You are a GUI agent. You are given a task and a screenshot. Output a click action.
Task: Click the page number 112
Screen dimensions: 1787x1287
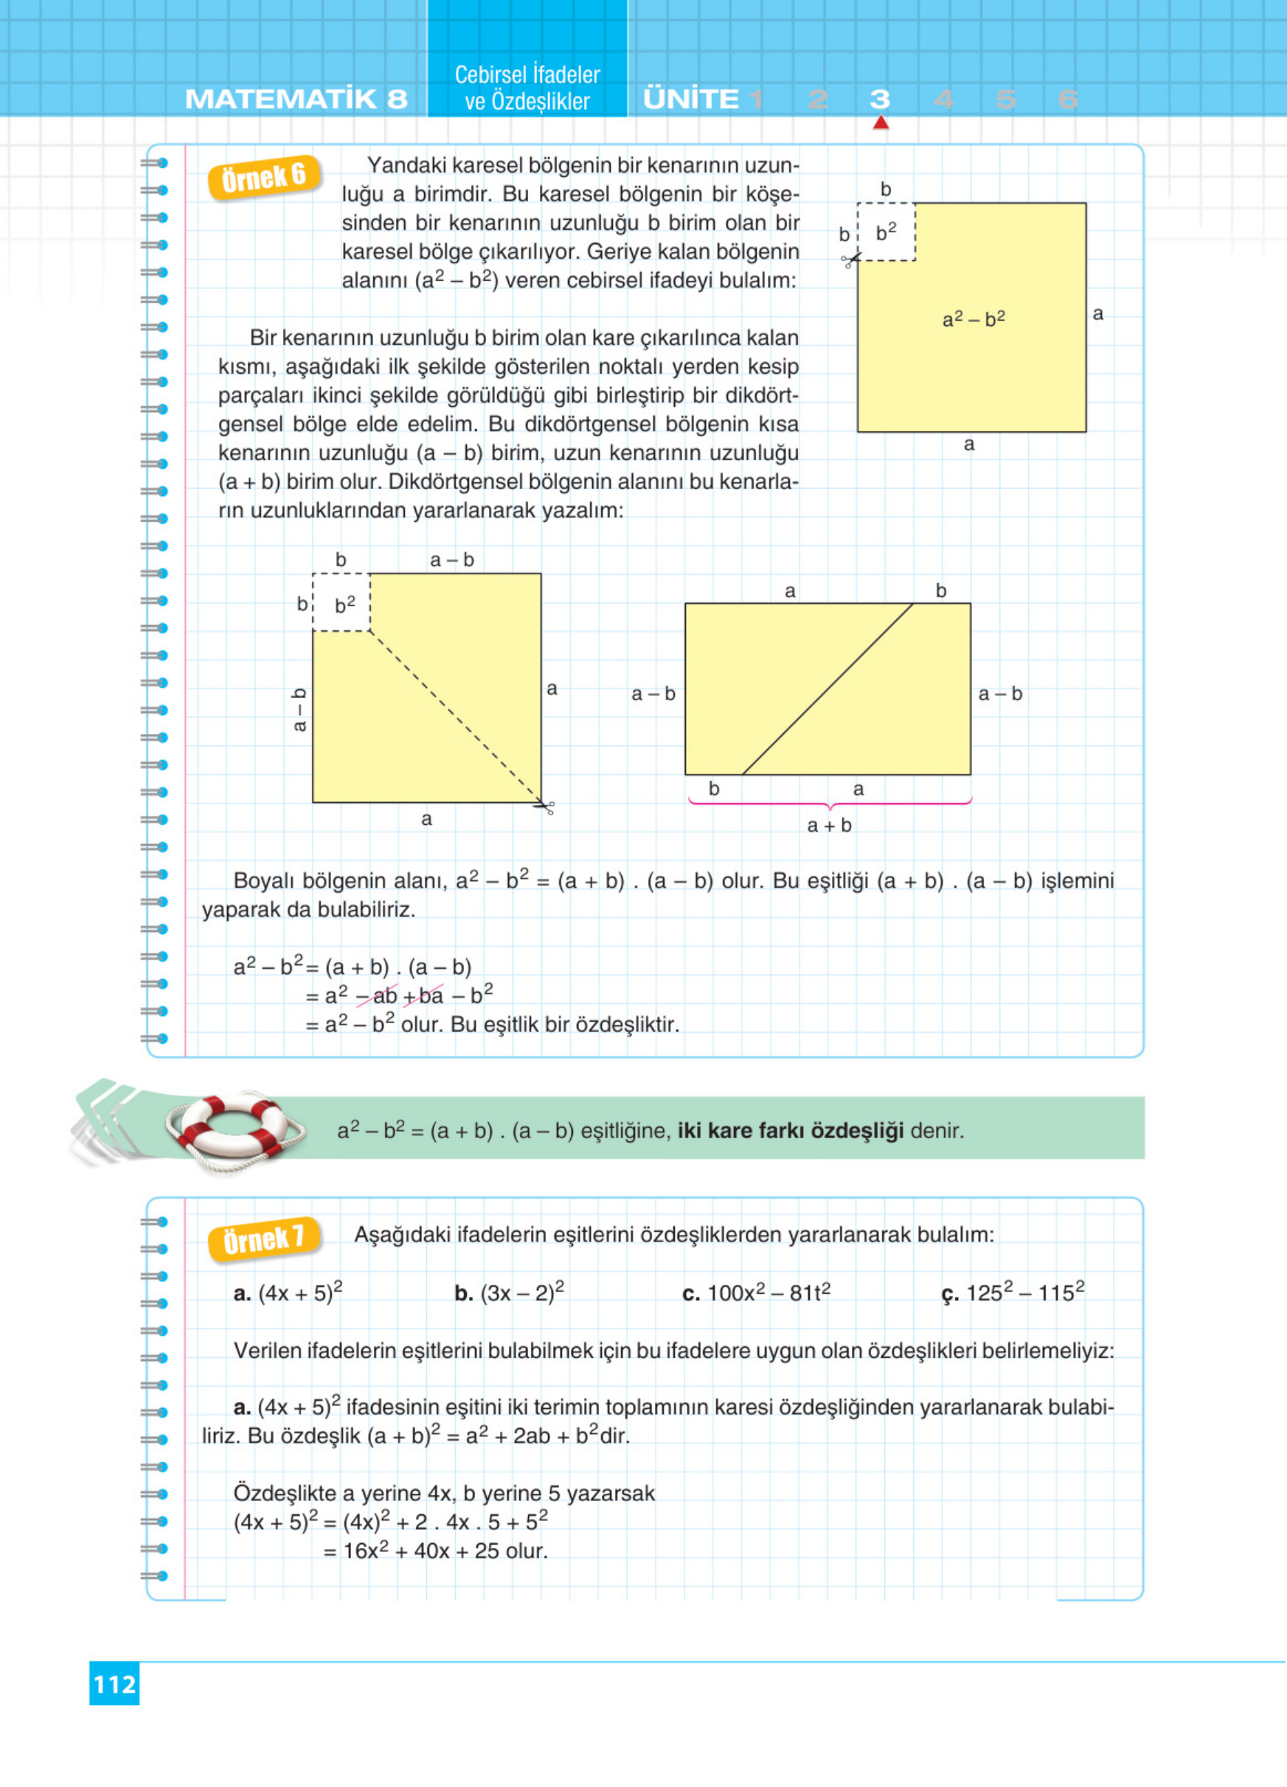coord(114,1684)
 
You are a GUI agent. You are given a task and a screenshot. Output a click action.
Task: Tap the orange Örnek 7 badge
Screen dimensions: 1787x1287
coord(263,1239)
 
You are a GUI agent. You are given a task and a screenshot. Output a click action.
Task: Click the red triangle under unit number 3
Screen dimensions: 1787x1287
coord(881,123)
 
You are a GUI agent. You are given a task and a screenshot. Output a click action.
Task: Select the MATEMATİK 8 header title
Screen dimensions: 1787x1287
coord(296,100)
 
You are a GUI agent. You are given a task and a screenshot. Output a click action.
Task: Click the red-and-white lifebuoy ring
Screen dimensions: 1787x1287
coord(235,1130)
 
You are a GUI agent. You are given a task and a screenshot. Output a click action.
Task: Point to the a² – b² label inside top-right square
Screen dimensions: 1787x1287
coord(974,319)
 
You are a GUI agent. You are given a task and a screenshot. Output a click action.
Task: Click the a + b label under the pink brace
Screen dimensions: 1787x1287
coord(829,825)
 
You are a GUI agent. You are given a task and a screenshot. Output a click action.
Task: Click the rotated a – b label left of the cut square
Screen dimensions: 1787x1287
coord(299,710)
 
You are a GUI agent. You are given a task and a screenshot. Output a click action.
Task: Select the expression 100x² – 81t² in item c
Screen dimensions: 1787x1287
coord(769,1293)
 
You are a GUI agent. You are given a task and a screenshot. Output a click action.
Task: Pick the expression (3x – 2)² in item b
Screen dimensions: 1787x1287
coord(521,1293)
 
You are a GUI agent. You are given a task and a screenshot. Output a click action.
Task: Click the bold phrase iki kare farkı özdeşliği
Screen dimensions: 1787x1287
coord(790,1131)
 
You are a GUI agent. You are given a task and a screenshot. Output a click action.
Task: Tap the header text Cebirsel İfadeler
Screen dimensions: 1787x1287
coord(527,75)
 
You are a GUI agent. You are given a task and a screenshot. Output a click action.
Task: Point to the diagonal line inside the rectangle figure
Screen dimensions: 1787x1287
coord(828,689)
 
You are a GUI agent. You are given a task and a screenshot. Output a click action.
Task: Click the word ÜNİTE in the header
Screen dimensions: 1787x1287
coord(691,100)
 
